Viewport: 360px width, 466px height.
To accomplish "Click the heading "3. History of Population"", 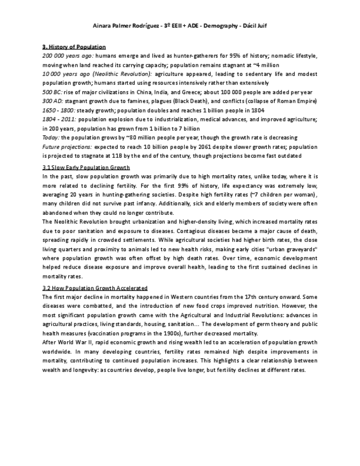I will click(74, 47).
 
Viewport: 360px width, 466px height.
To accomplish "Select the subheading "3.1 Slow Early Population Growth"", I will click(86, 168).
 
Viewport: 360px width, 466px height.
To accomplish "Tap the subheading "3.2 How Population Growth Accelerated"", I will click(95, 288).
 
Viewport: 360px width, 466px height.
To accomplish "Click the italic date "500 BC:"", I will click(52, 92).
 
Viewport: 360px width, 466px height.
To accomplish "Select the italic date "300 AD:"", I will click(52, 101).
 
